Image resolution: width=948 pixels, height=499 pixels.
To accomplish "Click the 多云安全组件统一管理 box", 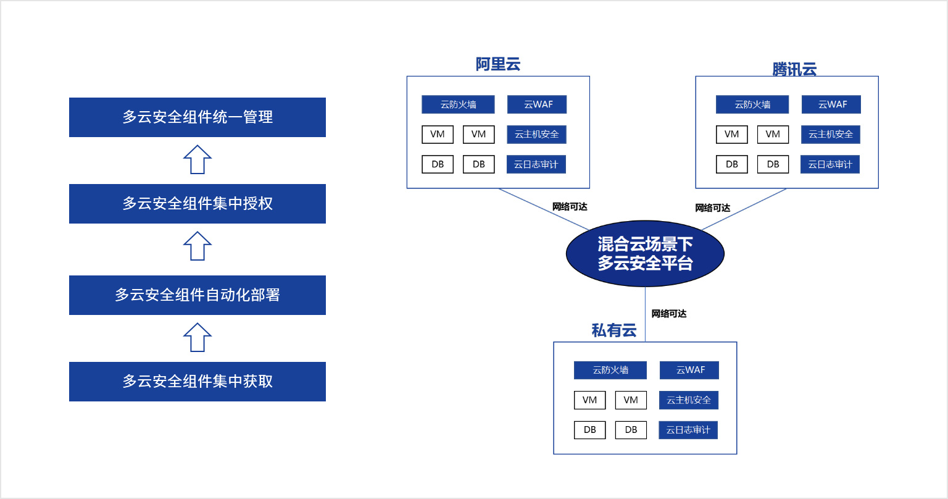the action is [197, 117].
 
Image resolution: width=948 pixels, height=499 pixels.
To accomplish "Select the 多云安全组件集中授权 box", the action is [197, 204].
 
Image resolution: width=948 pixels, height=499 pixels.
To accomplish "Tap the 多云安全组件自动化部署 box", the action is [197, 295].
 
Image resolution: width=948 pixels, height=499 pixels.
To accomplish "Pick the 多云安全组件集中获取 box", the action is [197, 382].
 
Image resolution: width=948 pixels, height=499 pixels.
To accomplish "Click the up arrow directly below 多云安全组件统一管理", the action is [197, 160].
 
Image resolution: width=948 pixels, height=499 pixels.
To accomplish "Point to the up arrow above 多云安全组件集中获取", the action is [197, 338].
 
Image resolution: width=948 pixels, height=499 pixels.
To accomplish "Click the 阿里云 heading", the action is [497, 64].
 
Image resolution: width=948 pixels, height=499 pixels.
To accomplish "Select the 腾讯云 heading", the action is [794, 69].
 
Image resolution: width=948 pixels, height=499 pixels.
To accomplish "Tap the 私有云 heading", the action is [613, 330].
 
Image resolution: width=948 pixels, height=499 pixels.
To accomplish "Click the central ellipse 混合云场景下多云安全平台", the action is [645, 253].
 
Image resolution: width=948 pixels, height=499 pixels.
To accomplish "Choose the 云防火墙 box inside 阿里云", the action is [458, 104].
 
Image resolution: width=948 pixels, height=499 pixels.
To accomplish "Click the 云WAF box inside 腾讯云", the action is [831, 104].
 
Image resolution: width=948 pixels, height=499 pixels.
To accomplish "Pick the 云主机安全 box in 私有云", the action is [689, 400].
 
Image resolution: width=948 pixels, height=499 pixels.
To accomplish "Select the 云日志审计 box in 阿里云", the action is [536, 164].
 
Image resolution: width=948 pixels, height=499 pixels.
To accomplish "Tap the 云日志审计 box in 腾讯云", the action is [830, 164].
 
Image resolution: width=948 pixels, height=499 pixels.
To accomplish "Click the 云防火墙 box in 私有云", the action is [610, 370].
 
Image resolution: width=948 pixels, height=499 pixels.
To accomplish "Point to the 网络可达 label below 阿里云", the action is [570, 207].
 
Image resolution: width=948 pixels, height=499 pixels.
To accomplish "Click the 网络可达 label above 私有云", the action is [668, 314].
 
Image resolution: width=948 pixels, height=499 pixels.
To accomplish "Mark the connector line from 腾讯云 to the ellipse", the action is [744, 209].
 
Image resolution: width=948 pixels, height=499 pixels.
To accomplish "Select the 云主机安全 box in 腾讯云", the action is [831, 135].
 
